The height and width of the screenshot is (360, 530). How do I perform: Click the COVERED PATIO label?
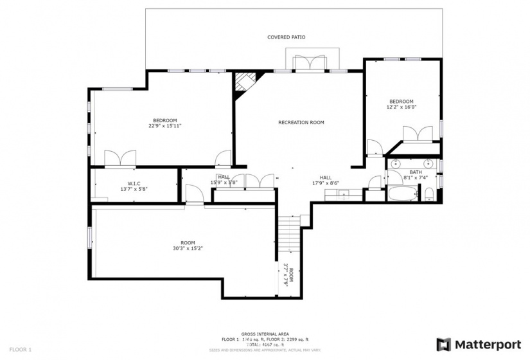click(286, 37)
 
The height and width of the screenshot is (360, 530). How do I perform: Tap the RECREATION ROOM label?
click(301, 122)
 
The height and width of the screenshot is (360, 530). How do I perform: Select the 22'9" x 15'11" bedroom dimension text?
click(164, 126)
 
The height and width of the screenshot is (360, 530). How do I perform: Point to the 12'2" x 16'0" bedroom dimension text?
click(402, 107)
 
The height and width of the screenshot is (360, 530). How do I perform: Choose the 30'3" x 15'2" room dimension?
click(183, 248)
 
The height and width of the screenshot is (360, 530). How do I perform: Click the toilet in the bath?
click(429, 194)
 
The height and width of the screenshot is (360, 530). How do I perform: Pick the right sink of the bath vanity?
click(427, 163)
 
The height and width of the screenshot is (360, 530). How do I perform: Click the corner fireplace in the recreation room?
click(244, 83)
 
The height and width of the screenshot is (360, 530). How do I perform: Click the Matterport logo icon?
click(443, 344)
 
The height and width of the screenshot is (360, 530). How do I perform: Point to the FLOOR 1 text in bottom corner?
click(20, 349)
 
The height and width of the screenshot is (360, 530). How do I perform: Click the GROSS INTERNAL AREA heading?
click(265, 334)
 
